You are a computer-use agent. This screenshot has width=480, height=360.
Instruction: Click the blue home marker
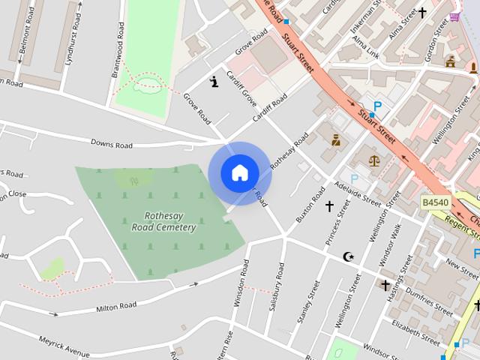pyautogui.click(x=239, y=172)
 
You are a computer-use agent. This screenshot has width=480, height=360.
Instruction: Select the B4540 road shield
pyautogui.click(x=435, y=202)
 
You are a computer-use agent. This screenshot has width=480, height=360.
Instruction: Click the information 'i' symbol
pyautogui.click(x=214, y=82)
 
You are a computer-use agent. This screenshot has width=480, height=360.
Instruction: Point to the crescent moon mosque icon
pyautogui.click(x=348, y=257)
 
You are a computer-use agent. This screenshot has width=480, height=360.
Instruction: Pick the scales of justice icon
pyautogui.click(x=374, y=159)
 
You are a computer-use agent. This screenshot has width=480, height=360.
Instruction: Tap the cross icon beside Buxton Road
pyautogui.click(x=328, y=205)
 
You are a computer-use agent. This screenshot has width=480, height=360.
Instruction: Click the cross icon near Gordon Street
pyautogui.click(x=422, y=13)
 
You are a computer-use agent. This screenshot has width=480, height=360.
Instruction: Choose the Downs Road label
pyautogui.click(x=111, y=144)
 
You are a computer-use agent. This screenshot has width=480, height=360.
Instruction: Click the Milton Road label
pyautogui.click(x=116, y=306)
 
